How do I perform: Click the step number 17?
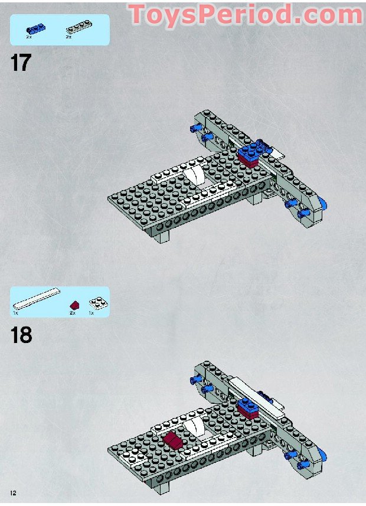pyautogui.click(x=21, y=62)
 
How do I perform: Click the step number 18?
pyautogui.click(x=21, y=335)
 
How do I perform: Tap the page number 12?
pyautogui.click(x=12, y=492)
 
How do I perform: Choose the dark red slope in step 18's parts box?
pyautogui.click(x=74, y=305)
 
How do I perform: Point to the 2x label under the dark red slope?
pyautogui.click(x=73, y=313)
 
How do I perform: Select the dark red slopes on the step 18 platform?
pyautogui.click(x=174, y=439)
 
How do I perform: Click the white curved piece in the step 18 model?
pyautogui.click(x=192, y=427)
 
